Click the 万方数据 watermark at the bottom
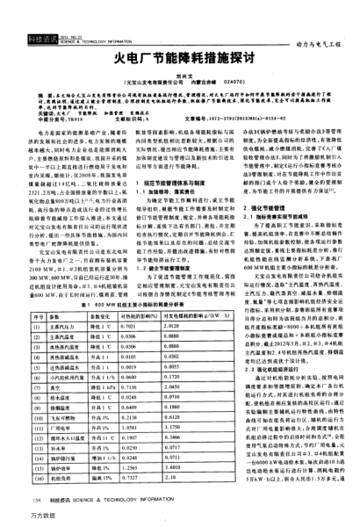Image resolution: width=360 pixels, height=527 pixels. point(18,519)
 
